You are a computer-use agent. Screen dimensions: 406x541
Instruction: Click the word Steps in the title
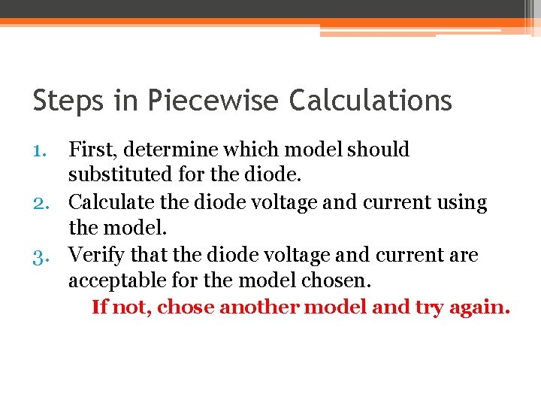(x=65, y=100)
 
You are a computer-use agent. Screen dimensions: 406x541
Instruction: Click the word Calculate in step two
(x=105, y=203)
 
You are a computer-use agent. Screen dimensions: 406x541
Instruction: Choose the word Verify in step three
(x=95, y=256)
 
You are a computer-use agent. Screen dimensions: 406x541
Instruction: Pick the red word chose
(x=185, y=308)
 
